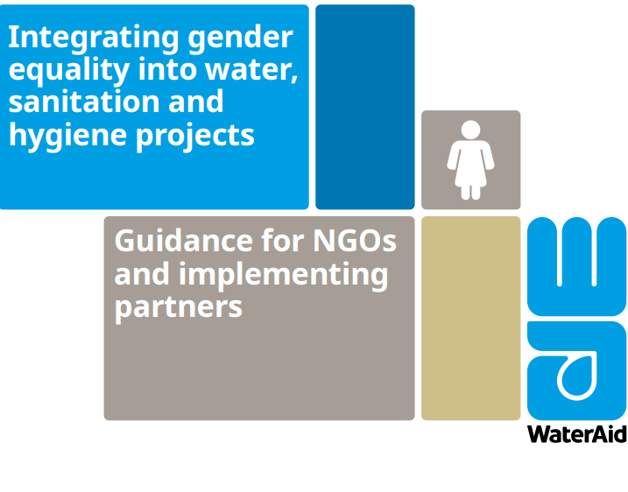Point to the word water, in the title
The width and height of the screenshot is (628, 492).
click(x=251, y=70)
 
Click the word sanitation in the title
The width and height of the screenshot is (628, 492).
click(x=82, y=102)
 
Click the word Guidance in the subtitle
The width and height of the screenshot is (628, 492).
click(x=184, y=241)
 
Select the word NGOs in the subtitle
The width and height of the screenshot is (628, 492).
click(x=355, y=241)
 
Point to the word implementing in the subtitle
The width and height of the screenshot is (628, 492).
click(x=284, y=277)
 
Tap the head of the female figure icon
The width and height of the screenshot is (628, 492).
click(x=470, y=130)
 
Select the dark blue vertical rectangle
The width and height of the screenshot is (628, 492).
click(x=365, y=107)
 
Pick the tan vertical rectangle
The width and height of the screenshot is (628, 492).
click(x=471, y=319)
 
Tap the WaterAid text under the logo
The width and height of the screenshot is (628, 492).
click(x=577, y=434)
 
